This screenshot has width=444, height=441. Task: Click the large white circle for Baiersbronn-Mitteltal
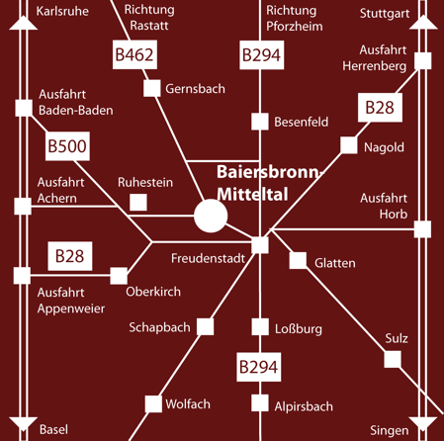[x=211, y=216]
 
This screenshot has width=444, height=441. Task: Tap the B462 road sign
[x=134, y=54]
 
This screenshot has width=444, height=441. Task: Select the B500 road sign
[x=67, y=146]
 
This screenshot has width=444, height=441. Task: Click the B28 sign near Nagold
[x=380, y=108]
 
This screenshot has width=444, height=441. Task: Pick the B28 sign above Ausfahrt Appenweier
[x=70, y=256]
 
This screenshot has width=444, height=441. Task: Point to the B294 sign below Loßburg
[x=259, y=367]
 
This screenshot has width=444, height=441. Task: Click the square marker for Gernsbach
[x=152, y=88]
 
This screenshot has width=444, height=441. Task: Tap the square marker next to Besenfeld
[x=260, y=122]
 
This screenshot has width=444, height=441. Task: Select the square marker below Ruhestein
[x=138, y=203]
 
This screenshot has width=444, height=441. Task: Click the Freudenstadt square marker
[x=260, y=245]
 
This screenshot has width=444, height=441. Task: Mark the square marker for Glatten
[x=298, y=260]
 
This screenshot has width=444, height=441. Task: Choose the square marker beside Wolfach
[x=153, y=404]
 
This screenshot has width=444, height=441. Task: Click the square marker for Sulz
[x=393, y=359]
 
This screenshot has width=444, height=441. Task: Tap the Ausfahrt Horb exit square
[x=422, y=229]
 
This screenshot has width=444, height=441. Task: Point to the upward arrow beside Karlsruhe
[x=23, y=23]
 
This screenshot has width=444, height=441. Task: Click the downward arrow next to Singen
[x=423, y=424]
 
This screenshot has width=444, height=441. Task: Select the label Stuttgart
[x=385, y=14]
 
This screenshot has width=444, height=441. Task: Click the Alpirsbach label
[x=304, y=406]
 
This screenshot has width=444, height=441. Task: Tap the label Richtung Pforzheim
[x=295, y=19]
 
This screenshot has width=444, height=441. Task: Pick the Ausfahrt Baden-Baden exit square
[x=24, y=108]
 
